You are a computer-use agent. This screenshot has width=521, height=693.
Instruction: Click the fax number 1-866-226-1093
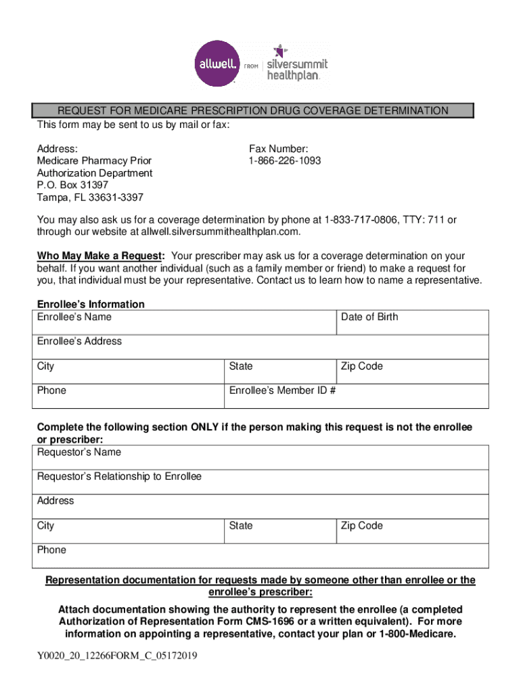(x=285, y=161)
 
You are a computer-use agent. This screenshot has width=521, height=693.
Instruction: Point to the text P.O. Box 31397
(x=72, y=185)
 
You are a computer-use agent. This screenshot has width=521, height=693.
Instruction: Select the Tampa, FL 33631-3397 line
(x=90, y=198)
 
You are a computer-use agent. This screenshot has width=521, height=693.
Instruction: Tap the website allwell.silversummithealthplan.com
(x=219, y=232)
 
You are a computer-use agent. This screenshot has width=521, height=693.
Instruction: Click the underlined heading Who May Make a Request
(x=100, y=256)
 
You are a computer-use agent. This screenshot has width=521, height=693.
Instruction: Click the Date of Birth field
(x=412, y=323)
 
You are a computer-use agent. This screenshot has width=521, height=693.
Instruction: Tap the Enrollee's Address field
(x=260, y=347)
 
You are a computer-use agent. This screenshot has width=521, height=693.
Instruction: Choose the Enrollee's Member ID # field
(x=356, y=397)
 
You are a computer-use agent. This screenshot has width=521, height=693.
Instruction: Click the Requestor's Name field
(x=260, y=458)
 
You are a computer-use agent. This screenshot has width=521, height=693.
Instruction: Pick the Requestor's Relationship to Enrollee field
(x=260, y=483)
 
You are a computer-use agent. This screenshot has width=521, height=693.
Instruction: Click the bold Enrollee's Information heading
(x=91, y=305)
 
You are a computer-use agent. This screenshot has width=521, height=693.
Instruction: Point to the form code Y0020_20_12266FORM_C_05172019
(x=117, y=656)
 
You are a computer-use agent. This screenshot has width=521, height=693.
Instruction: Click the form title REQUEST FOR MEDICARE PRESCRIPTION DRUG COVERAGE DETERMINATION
(x=252, y=111)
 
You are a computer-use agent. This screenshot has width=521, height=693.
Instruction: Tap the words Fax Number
(x=279, y=149)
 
